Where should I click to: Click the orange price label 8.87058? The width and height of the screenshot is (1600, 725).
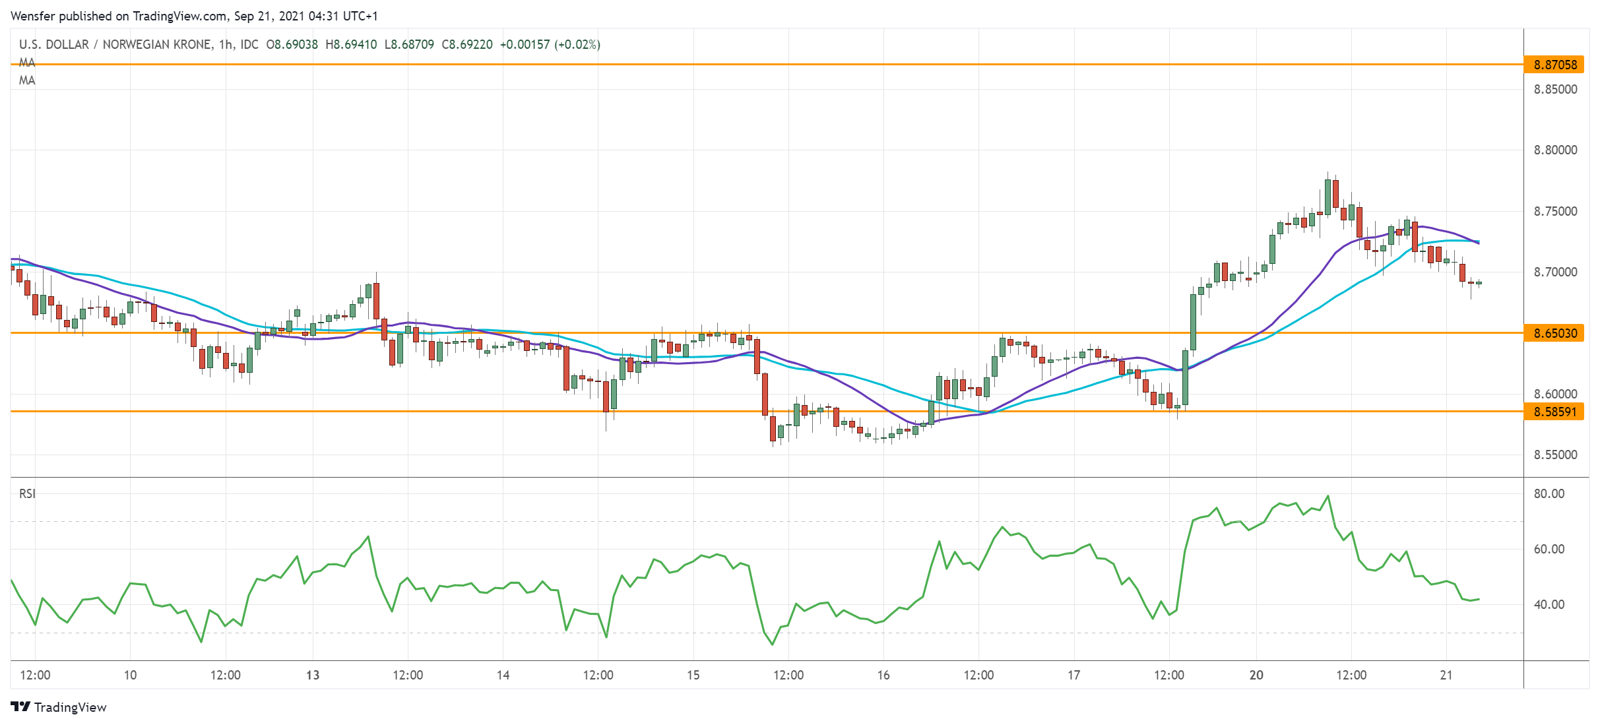tap(1554, 65)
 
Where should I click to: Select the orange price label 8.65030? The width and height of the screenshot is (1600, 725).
tap(1554, 333)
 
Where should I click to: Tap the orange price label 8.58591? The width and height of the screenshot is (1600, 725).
tap(1554, 412)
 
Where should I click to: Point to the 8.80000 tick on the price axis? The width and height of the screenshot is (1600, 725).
tap(1555, 150)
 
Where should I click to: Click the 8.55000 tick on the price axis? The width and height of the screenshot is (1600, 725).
tap(1555, 455)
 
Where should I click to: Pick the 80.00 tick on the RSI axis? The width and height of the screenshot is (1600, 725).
tap(1549, 494)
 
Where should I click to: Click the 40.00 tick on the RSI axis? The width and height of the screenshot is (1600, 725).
tap(1549, 605)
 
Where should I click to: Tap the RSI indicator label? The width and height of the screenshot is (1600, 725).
tap(27, 494)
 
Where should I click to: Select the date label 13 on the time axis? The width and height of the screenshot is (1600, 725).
tap(313, 676)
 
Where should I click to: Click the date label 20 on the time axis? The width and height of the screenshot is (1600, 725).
tap(1256, 676)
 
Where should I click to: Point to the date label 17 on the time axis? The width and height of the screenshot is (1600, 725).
tap(1073, 676)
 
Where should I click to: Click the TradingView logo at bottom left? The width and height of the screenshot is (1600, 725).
tap(59, 707)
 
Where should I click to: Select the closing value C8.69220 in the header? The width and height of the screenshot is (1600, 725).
tap(467, 45)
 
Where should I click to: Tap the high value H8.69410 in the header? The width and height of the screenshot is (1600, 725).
tap(351, 45)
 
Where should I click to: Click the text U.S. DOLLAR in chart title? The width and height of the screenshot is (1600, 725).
tap(53, 45)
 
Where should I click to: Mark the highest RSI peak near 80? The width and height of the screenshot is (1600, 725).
tap(1328, 496)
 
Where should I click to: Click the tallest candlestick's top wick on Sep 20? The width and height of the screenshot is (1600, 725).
tap(1328, 173)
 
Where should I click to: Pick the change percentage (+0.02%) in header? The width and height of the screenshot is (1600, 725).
tap(577, 45)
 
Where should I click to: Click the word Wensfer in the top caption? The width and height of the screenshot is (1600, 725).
tap(33, 16)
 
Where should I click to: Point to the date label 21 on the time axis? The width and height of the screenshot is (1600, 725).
tap(1446, 676)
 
